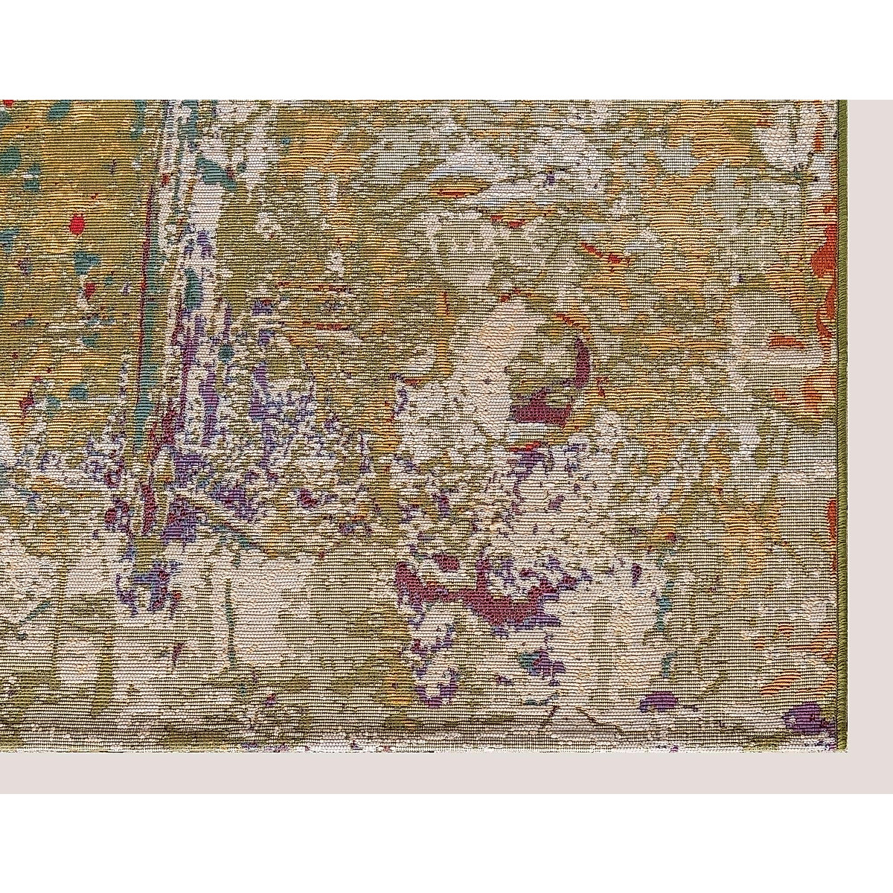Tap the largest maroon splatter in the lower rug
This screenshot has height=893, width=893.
pyautogui.click(x=476, y=588)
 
